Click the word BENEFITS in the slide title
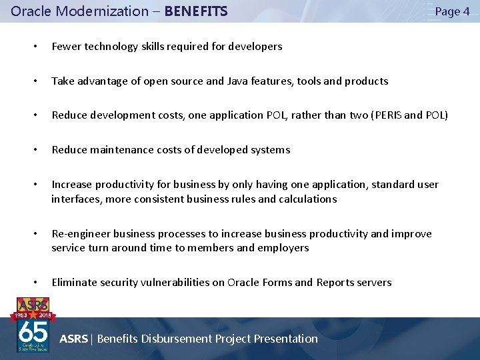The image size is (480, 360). (196, 11)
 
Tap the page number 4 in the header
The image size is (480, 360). (466, 11)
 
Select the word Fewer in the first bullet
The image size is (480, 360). (65, 47)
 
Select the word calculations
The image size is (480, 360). (308, 199)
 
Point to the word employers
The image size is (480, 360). (283, 248)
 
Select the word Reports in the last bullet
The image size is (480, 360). (336, 283)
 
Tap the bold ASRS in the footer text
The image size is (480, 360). (73, 339)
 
